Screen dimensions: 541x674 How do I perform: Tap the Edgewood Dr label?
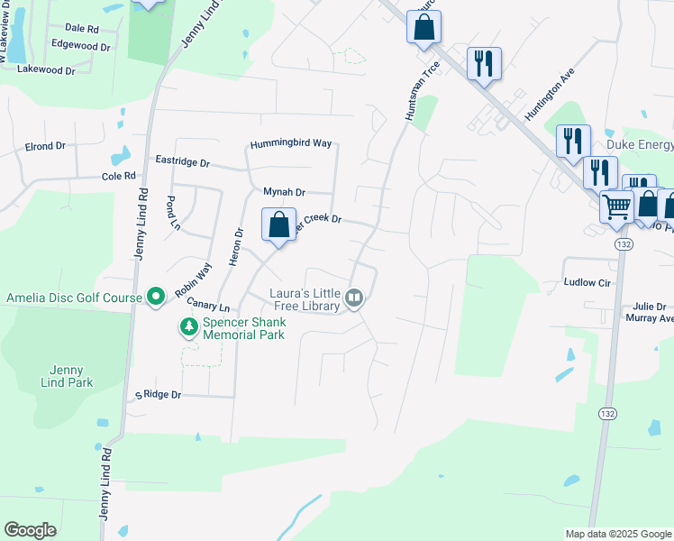80,44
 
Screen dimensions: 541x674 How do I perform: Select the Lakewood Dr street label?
46,69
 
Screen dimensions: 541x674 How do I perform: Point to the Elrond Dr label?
46,146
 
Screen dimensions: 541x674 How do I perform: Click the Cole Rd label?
118,177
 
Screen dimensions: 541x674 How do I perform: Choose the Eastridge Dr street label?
182,163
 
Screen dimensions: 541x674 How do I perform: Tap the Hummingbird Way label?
291,143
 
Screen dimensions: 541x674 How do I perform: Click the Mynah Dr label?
285,192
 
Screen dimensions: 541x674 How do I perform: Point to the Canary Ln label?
209,307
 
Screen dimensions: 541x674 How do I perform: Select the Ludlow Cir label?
587,283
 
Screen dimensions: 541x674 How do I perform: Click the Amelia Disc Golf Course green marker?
156,296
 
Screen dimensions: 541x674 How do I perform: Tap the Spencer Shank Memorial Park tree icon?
189,326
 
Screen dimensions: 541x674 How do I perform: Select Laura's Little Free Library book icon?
355,298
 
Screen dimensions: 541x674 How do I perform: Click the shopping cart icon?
616,206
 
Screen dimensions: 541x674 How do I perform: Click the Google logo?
30,530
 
